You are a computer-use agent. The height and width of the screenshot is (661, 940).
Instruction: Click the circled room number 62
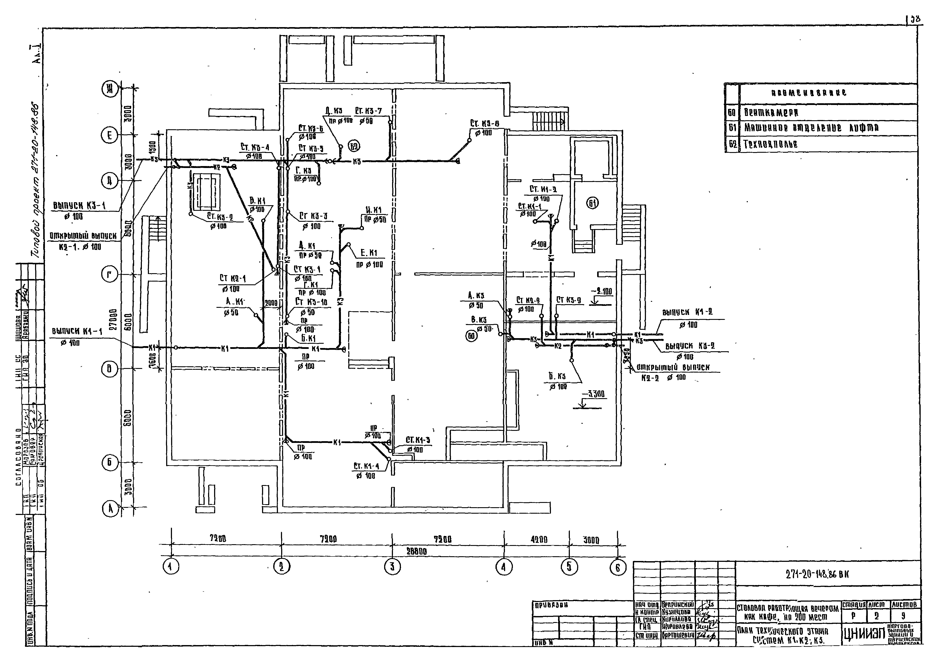point(354,146)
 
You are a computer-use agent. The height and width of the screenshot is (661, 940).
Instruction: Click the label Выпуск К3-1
point(79,206)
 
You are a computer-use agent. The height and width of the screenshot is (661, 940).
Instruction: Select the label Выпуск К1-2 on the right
point(687,312)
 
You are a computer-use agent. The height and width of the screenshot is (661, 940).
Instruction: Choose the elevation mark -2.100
point(601,292)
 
